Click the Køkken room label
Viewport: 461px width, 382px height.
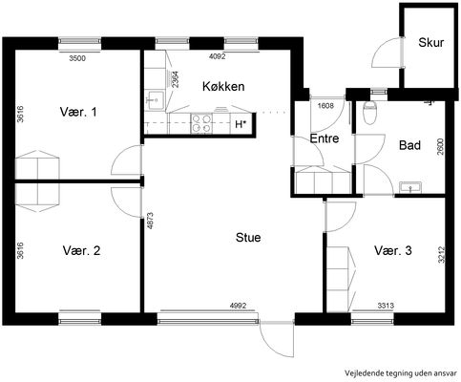point(223,86)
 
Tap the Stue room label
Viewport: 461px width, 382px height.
point(248,238)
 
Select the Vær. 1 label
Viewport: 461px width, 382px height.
point(78,112)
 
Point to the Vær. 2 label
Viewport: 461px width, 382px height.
point(81,250)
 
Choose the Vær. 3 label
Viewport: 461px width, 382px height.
point(393,250)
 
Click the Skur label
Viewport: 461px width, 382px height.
point(430,42)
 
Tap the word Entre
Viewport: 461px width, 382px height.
point(325,138)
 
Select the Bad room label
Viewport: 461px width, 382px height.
point(409,145)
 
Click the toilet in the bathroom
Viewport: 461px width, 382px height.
point(369,113)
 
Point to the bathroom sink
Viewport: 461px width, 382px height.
point(410,187)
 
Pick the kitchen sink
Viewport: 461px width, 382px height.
point(155,99)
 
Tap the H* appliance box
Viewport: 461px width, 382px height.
point(241,124)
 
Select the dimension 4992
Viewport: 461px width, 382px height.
point(238,306)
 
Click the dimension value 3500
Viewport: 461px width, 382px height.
point(77,58)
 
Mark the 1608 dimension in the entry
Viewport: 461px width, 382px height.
point(325,105)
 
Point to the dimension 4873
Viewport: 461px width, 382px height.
point(151,221)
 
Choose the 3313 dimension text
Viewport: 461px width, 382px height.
point(386,306)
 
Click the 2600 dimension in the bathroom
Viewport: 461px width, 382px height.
point(440,146)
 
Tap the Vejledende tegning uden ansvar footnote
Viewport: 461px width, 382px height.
point(401,372)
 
